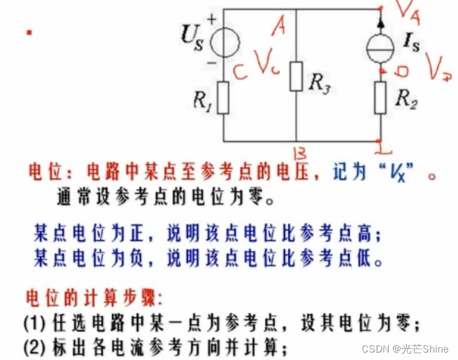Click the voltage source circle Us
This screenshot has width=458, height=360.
pyautogui.click(x=224, y=43)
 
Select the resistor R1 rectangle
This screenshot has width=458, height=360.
pyautogui.click(x=223, y=99)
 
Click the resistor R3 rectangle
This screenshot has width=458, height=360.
pyautogui.click(x=296, y=76)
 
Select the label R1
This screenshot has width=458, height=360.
pyautogui.click(x=201, y=101)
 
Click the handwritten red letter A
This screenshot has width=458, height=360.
pyautogui.click(x=279, y=26)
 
